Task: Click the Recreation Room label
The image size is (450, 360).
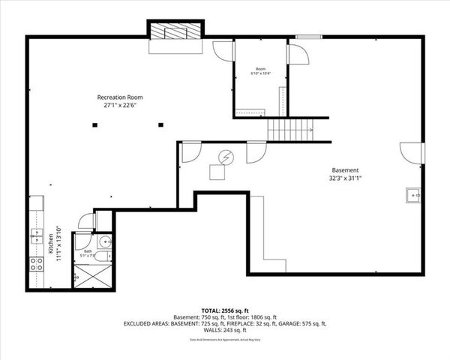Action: click(x=120, y=97)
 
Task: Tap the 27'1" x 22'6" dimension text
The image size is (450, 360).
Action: click(x=120, y=106)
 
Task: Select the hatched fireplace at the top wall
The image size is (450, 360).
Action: click(x=174, y=32)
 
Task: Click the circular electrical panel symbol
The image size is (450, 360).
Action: click(x=226, y=157)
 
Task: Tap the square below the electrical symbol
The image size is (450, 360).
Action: click(x=217, y=172)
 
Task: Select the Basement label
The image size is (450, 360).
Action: click(x=346, y=170)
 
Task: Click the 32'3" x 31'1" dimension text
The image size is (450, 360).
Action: click(x=346, y=179)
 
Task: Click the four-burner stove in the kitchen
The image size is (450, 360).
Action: click(x=35, y=263)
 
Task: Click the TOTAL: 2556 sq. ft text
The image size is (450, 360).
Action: click(x=225, y=310)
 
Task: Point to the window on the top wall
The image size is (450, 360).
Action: click(x=304, y=36)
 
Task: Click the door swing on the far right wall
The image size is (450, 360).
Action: click(x=412, y=152)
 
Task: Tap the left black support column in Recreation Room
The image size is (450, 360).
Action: click(x=95, y=125)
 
